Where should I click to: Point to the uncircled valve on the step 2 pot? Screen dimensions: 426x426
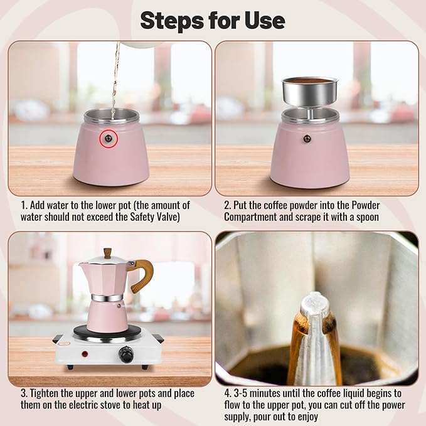pos(307,139)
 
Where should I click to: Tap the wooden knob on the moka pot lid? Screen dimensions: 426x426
pos(107,253)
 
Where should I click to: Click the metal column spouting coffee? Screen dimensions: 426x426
pos(314,339)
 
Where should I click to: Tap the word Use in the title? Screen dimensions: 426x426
pos(265,20)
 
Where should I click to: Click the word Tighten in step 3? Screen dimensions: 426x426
pos(48,393)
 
